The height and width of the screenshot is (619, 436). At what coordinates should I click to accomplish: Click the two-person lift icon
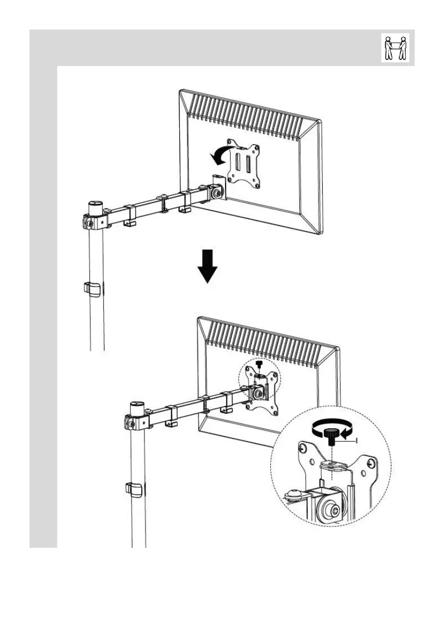point(395,48)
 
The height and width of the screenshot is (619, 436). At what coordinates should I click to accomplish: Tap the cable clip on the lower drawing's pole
point(134,489)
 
